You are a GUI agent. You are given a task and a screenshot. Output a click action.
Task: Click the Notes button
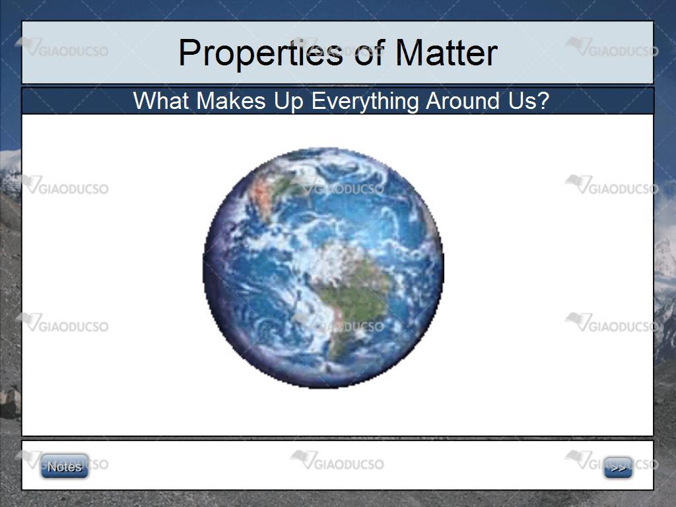(x=65, y=466)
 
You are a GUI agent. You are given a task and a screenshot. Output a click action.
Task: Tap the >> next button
(x=618, y=468)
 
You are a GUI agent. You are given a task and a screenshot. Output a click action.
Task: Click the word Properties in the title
(x=261, y=53)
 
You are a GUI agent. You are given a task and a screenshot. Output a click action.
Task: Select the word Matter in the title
(x=447, y=53)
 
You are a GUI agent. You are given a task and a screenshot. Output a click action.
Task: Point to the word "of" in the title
(x=369, y=53)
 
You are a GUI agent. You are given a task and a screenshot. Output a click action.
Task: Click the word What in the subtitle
(x=161, y=101)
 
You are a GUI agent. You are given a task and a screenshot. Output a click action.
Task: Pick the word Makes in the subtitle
(x=230, y=101)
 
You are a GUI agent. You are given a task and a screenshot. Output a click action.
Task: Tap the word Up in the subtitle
(x=289, y=102)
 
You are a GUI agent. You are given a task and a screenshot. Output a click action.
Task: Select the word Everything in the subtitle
(x=364, y=102)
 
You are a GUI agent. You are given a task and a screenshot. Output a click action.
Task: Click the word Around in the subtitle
(x=463, y=101)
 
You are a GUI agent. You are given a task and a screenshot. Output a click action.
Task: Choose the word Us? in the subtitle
(x=529, y=101)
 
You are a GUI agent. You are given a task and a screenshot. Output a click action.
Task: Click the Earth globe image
(x=323, y=268)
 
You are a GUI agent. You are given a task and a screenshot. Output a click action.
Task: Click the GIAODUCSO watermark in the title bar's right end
(x=612, y=47)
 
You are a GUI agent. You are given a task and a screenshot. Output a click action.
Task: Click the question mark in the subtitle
(x=543, y=101)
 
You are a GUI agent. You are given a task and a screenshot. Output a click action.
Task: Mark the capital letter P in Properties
(x=189, y=53)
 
